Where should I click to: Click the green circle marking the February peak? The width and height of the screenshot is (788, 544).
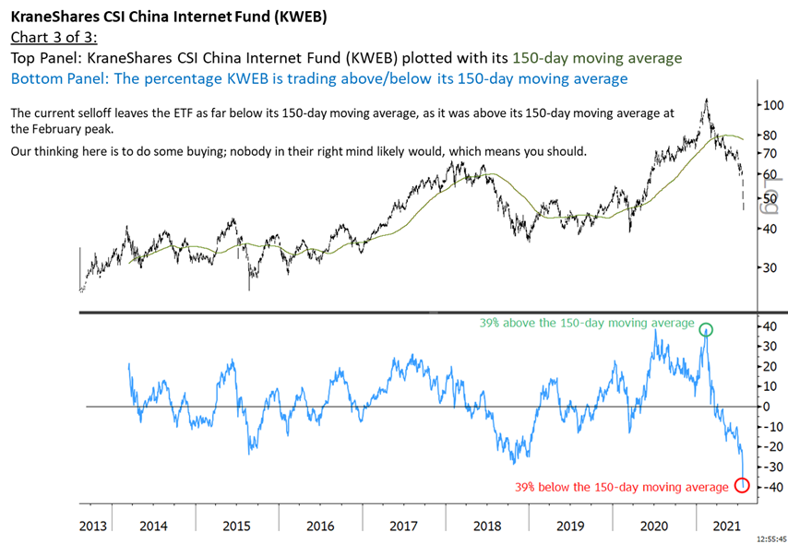coord(706,329)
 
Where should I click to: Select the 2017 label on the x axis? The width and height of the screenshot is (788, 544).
coord(403,526)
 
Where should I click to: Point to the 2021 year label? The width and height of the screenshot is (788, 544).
coord(728,526)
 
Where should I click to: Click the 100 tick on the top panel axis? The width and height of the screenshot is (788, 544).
coord(771,105)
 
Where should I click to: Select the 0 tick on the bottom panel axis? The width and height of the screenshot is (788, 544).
coord(766,407)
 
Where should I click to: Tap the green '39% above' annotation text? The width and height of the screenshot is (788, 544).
coord(586,324)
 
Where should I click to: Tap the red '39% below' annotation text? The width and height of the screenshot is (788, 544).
coord(622,487)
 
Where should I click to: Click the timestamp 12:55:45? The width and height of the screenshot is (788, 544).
coord(767,537)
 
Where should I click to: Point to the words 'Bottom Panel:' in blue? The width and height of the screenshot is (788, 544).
coord(52,78)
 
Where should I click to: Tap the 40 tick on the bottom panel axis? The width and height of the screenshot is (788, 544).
coord(769,326)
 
